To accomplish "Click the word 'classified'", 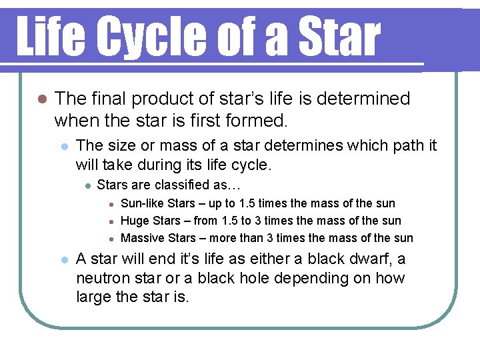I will point(177,184).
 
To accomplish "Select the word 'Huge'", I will point(135,221).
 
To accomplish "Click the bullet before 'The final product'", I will point(41,99).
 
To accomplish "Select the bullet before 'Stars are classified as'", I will point(87,185).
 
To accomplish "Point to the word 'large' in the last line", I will point(94,297).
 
